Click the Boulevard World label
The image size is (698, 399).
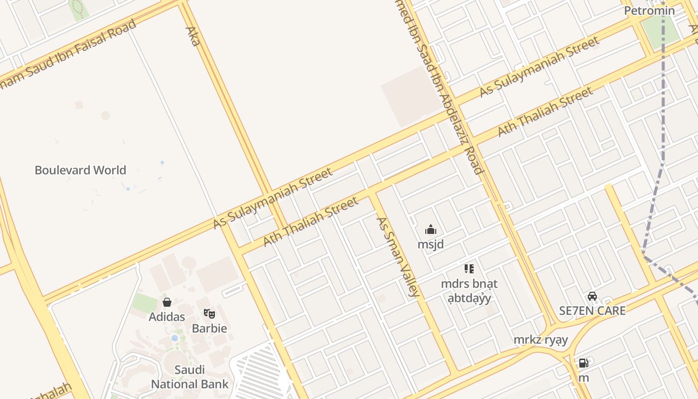[80, 170]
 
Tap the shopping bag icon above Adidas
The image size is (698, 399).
[167, 302]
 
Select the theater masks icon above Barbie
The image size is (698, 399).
[209, 314]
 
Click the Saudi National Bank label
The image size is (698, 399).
[189, 377]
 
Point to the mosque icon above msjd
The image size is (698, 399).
[431, 230]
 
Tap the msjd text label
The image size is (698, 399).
[431, 244]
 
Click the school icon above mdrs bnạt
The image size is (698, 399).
[469, 269]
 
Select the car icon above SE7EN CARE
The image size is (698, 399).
[592, 296]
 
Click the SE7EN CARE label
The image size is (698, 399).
[592, 310]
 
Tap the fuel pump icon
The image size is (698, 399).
[583, 363]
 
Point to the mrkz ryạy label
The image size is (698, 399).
[541, 340]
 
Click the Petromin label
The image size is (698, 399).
[649, 10]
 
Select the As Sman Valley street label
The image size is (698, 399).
[397, 256]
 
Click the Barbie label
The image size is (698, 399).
[209, 328]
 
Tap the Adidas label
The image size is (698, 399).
[167, 317]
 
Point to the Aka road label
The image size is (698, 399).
[192, 36]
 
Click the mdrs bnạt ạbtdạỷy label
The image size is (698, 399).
[469, 291]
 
